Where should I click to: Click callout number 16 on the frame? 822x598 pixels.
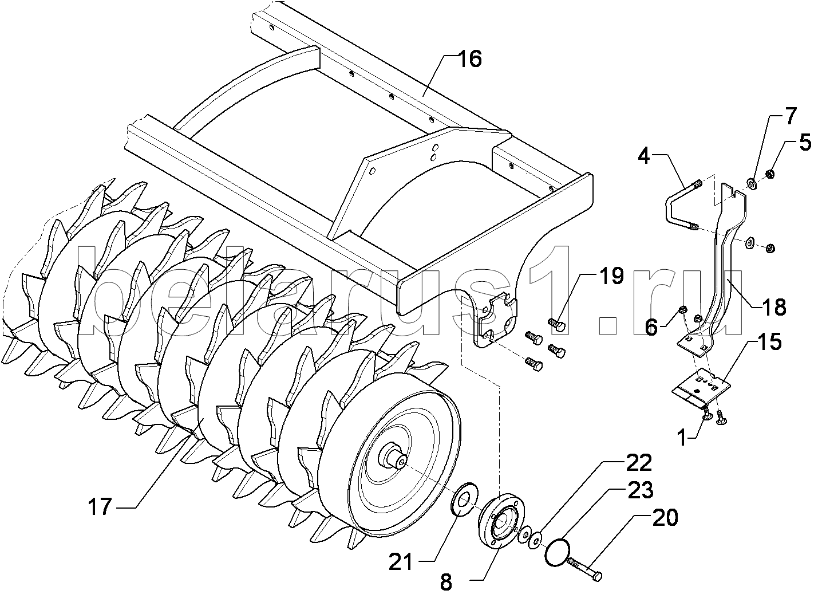470,59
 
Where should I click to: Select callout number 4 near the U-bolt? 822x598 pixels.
645,156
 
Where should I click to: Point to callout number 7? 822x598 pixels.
790,117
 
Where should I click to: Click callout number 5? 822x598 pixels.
805,143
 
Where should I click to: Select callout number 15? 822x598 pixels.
770,342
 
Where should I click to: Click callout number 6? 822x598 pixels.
651,327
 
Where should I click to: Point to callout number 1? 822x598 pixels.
681,438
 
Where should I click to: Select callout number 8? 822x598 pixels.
446,582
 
